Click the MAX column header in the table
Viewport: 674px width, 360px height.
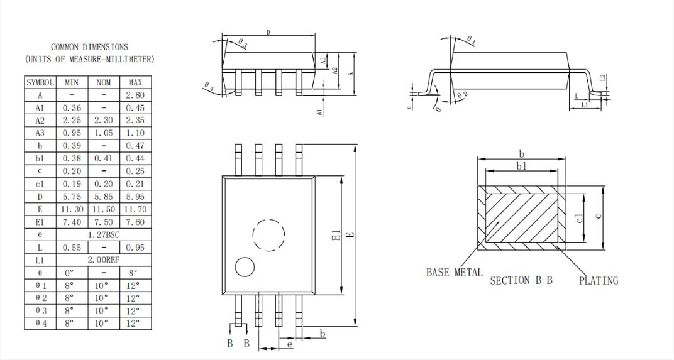(135, 82)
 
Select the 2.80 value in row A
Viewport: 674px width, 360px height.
(135, 95)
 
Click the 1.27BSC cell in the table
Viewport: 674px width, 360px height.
(104, 234)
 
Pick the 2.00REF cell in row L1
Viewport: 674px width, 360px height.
(104, 260)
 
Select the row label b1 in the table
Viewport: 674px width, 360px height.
(40, 158)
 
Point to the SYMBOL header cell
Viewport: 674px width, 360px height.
(40, 82)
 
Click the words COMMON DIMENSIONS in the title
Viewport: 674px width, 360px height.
(89, 47)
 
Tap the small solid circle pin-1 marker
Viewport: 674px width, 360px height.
(245, 266)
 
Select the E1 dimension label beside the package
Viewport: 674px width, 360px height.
(336, 236)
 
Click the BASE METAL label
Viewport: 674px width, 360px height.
(454, 273)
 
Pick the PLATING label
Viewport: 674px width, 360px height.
(599, 281)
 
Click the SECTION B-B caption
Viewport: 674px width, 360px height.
(521, 281)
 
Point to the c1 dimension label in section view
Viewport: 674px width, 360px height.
(580, 217)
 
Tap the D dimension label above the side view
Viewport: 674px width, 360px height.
(268, 31)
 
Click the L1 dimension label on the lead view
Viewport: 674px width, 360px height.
(585, 106)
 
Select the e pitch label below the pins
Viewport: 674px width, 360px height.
(289, 344)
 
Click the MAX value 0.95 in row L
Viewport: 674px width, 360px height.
(135, 248)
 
